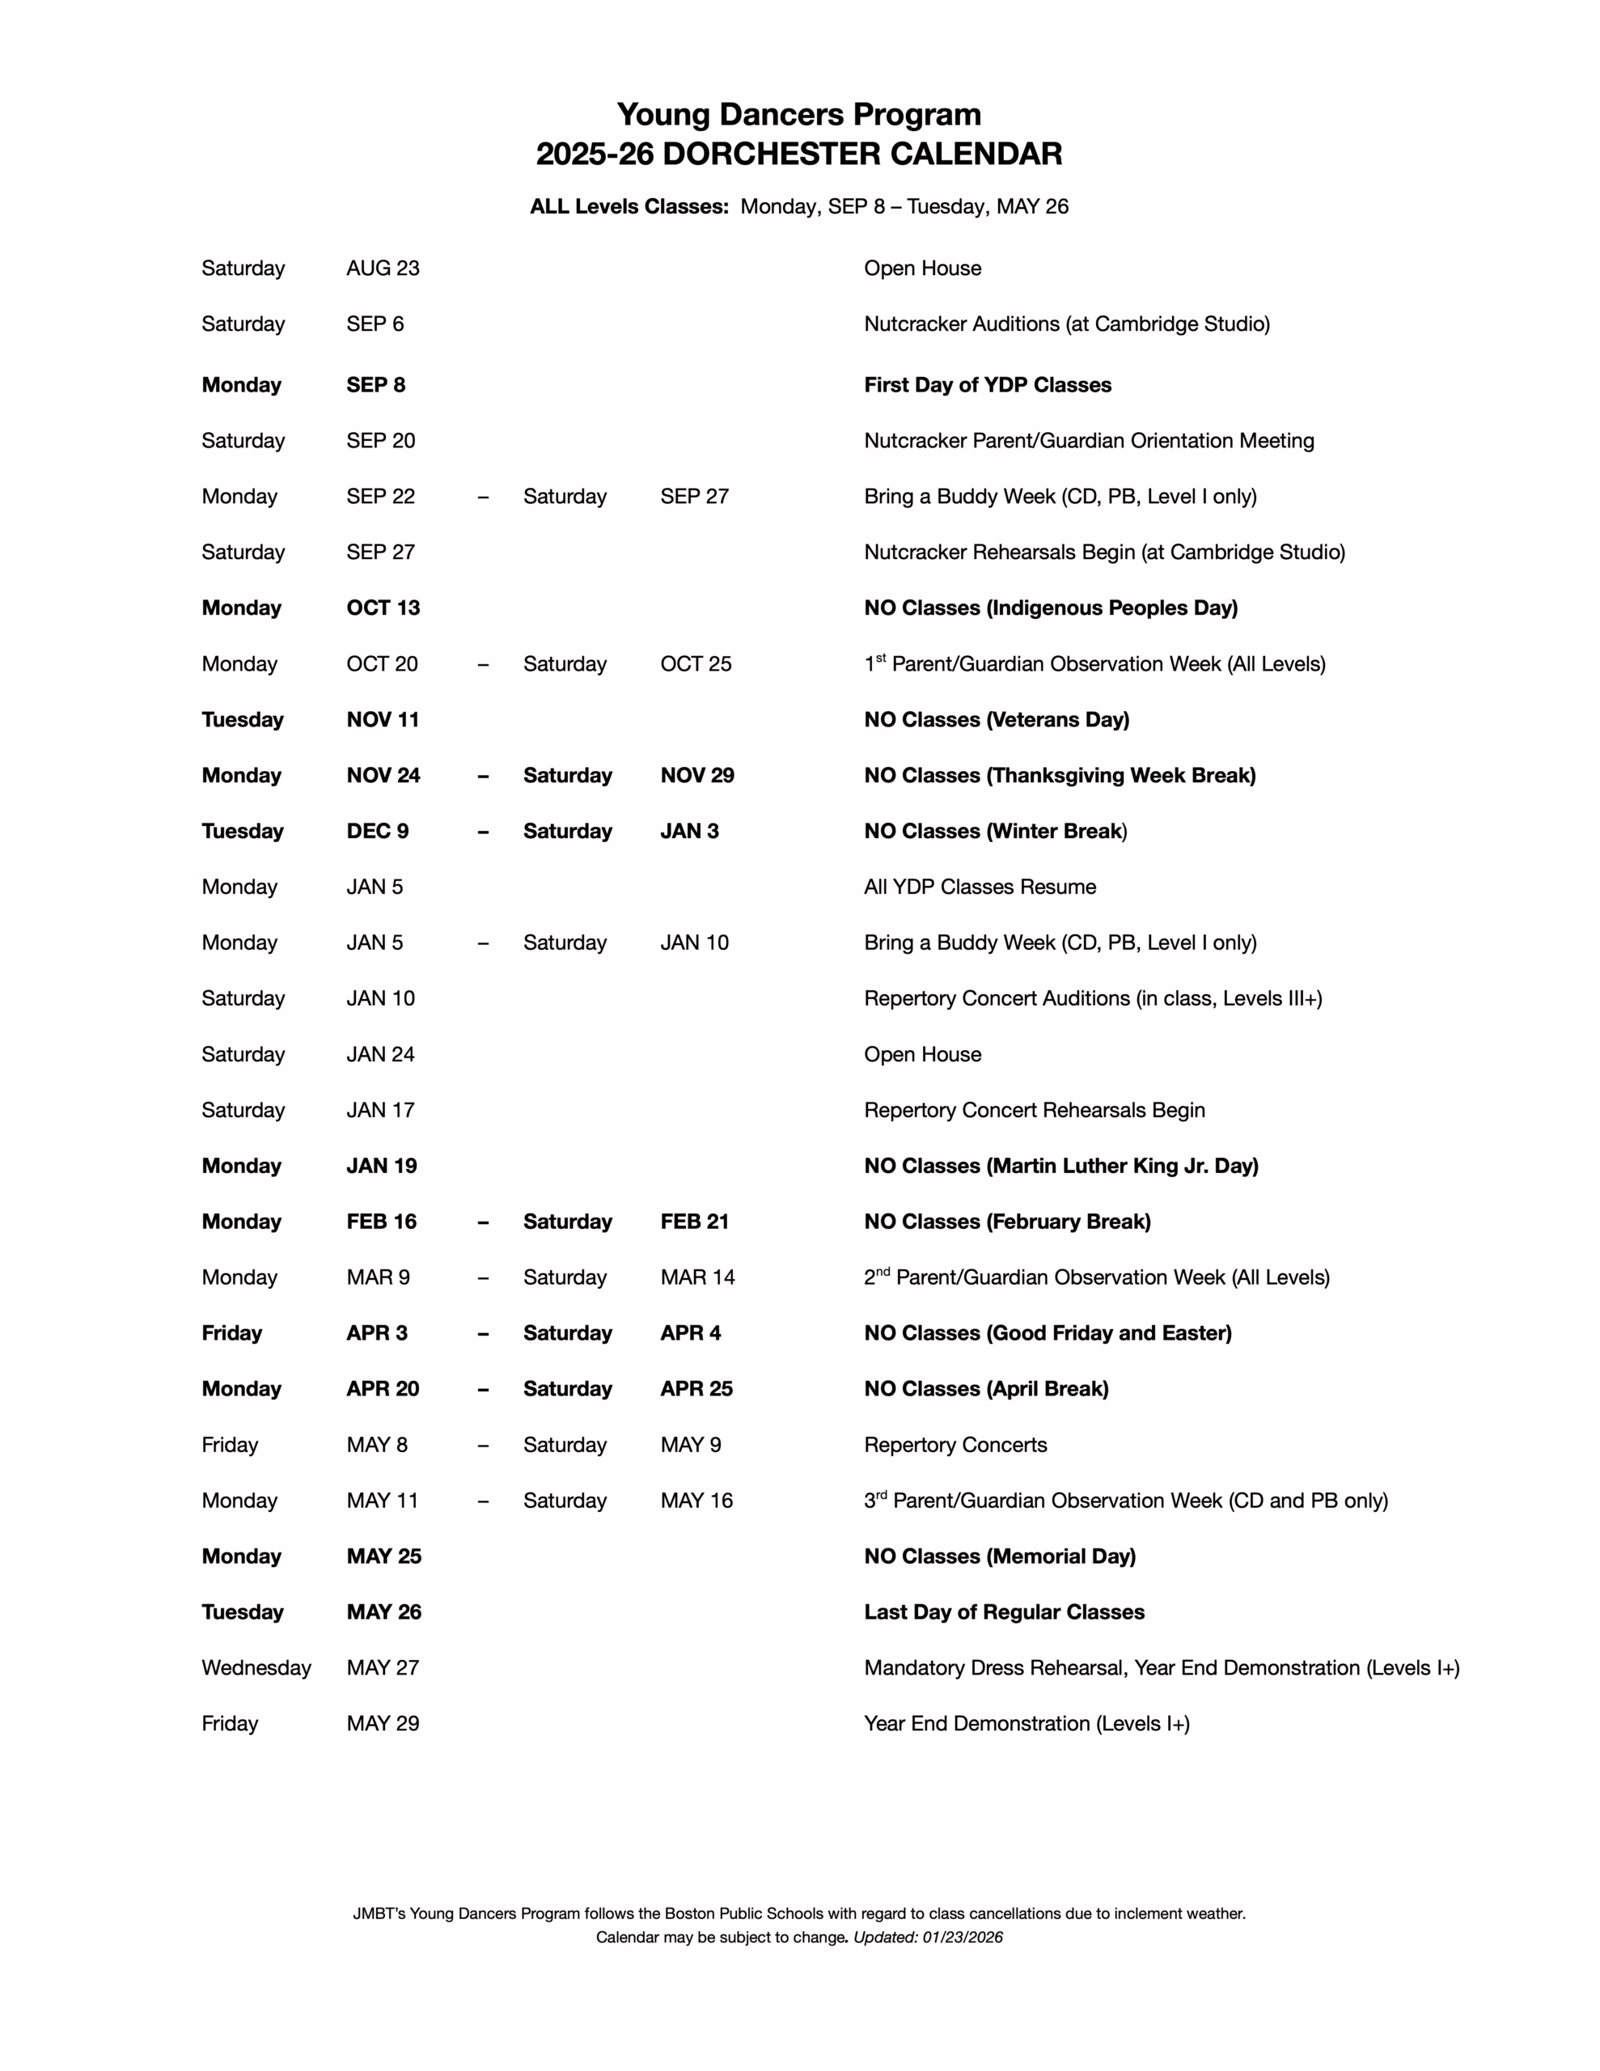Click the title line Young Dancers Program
pos(798,115)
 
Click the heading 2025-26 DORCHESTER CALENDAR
pos(798,155)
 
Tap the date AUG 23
pos(383,269)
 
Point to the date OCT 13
pos(383,608)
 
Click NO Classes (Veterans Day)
pos(996,720)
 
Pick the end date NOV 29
pos(697,776)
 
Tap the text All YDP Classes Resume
pos(979,887)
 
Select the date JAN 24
pos(380,1054)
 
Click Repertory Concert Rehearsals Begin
pos(1034,1111)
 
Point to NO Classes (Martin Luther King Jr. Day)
pos(1060,1167)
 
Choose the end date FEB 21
pos(694,1222)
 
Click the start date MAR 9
pos(378,1278)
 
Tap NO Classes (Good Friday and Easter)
pos(1047,1333)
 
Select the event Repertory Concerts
pos(955,1445)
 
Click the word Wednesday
pos(256,1668)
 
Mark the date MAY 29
pos(383,1724)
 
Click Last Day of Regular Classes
pos(1004,1612)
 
